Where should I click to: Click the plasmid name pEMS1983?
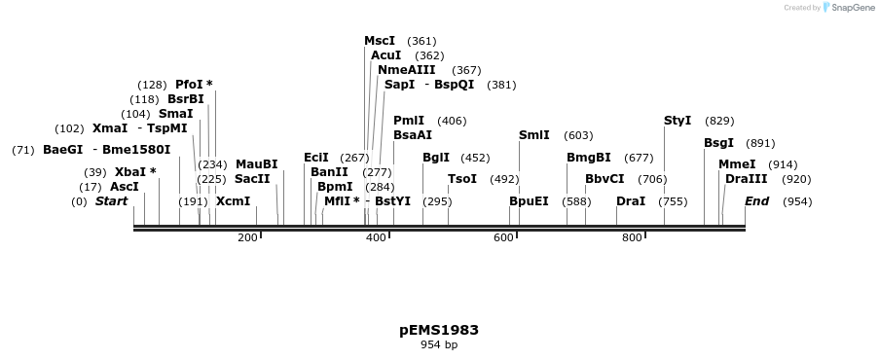(438, 330)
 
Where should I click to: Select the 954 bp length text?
(438, 344)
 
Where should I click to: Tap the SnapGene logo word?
(852, 8)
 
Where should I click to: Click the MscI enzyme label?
(380, 41)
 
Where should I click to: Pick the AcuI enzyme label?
(385, 55)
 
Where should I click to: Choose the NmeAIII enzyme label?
(406, 70)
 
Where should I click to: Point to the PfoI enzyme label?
(189, 85)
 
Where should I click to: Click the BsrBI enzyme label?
(186, 99)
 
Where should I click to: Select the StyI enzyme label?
(678, 121)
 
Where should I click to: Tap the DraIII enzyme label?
(746, 179)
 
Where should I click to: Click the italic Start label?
(111, 201)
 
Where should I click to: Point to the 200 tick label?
(247, 237)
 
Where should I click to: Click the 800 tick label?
(632, 237)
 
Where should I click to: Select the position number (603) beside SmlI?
(578, 135)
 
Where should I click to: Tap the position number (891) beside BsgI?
(760, 143)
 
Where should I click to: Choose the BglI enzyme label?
(435, 158)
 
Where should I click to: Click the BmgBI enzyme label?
(589, 158)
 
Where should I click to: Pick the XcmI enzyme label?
(233, 201)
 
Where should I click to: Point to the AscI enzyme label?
(125, 187)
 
